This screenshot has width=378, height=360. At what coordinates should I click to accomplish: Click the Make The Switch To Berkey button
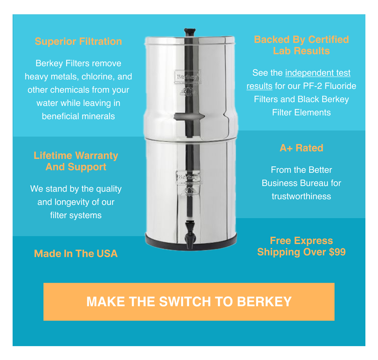pos(189,302)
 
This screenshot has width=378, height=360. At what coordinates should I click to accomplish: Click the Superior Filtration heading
pos(78,41)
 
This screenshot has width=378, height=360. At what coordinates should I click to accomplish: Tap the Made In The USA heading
pos(76,253)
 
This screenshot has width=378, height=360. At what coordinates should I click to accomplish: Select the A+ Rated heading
pos(301,148)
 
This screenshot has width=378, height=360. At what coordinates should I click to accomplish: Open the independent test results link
pos(318,73)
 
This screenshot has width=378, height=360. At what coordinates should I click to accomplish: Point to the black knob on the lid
pos(190,32)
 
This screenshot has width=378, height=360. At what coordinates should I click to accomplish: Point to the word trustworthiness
pos(301,196)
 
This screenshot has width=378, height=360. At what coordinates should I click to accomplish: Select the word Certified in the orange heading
pos(328,39)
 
